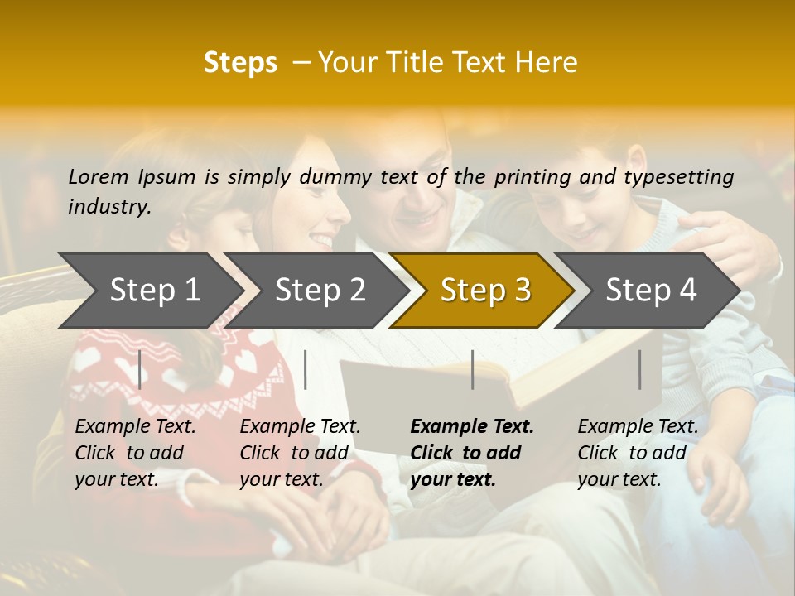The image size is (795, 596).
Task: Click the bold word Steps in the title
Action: [240, 63]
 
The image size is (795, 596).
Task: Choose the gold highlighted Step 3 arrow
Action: [485, 290]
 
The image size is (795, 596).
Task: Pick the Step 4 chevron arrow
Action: [651, 290]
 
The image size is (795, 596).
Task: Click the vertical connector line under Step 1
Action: [140, 369]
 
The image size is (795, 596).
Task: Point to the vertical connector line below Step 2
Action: [306, 369]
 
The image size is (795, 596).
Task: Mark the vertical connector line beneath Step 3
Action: [473, 369]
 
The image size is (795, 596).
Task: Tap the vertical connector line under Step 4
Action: [640, 369]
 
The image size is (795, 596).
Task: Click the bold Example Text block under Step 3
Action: [472, 453]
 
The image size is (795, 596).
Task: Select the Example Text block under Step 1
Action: [135, 453]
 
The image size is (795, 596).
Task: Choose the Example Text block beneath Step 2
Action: [300, 453]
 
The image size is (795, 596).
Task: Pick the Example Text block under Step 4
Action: [638, 453]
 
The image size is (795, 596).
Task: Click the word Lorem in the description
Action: [99, 176]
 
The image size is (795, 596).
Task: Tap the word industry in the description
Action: [108, 207]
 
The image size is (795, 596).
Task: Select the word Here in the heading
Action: [546, 63]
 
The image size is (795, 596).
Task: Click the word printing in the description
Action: [535, 177]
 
